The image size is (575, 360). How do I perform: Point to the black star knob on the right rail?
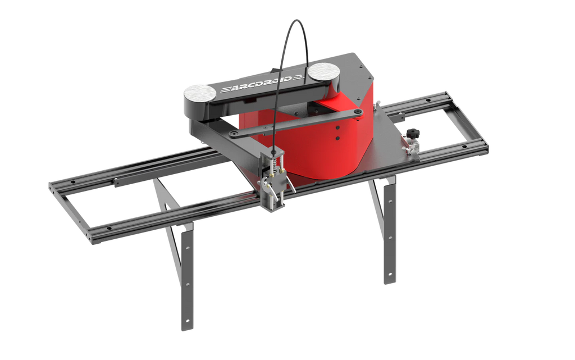tap(414, 134)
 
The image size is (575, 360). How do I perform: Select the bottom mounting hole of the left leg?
tap(187, 315)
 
